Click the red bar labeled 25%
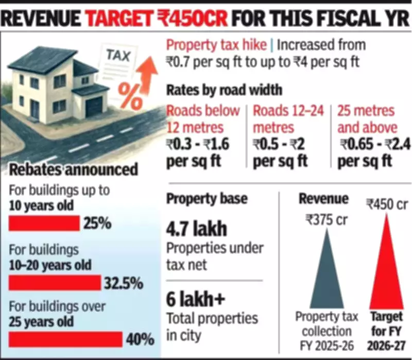coord(44,224)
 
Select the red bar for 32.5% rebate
coord(55,283)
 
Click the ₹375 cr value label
coord(326,220)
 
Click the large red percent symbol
coord(130,95)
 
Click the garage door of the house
coord(94,107)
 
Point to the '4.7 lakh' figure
coord(197,228)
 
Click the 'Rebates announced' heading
coord(73,169)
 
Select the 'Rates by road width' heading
coord(224,90)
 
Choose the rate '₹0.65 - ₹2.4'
coord(370,144)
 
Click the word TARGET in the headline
coord(127,20)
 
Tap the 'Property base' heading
coord(207,198)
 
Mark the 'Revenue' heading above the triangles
coord(323,199)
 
